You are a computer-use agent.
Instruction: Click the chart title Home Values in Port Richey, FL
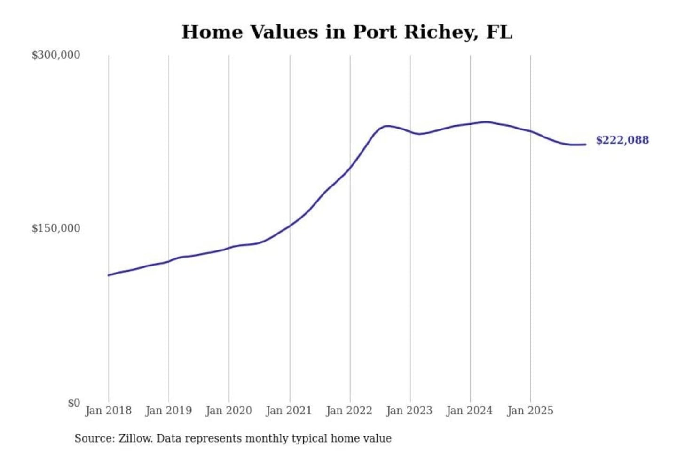pos(346,32)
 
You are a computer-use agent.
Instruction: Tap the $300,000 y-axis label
pos(56,55)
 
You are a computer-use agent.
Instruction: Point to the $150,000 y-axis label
pos(56,228)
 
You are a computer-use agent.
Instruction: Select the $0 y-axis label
pos(74,403)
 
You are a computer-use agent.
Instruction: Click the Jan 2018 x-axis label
pos(108,411)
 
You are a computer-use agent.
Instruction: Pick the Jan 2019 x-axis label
pos(169,411)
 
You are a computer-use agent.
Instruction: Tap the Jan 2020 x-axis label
pos(229,411)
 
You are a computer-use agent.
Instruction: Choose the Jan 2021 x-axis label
pos(289,411)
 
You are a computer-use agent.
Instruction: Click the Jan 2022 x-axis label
pos(349,411)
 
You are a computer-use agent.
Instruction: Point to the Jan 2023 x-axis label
pos(409,411)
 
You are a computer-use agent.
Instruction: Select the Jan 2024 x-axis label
pos(470,411)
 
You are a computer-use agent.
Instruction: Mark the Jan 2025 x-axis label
pos(530,411)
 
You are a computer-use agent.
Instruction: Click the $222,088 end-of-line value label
pos(622,140)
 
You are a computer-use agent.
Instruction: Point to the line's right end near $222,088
pos(585,145)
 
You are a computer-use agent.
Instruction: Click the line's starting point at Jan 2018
pos(109,275)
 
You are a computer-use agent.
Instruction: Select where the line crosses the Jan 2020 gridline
pos(229,247)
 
